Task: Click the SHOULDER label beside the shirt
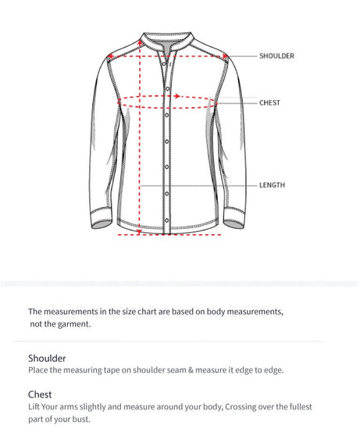[x=276, y=56]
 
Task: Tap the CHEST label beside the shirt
[x=269, y=102]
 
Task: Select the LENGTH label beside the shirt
[x=272, y=185]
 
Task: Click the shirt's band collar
[x=167, y=39]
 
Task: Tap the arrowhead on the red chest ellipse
[x=179, y=96]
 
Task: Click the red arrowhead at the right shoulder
[x=224, y=55]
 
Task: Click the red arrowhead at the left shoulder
[x=111, y=55]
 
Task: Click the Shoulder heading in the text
[x=47, y=358]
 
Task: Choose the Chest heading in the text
[x=40, y=395]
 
